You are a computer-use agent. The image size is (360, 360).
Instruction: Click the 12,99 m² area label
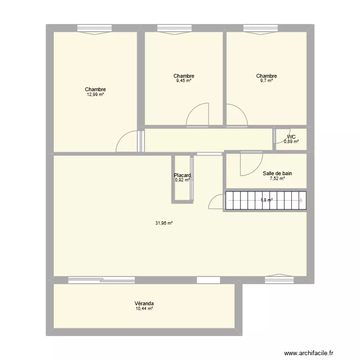pos(95,95)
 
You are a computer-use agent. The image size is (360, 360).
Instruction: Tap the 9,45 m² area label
pos(184,81)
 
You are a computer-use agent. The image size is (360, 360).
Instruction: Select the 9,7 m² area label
pos(266,81)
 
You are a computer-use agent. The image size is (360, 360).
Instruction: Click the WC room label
pos(291,137)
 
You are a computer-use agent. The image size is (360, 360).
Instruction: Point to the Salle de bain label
pos(277,173)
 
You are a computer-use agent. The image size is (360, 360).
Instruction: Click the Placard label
pos(182,175)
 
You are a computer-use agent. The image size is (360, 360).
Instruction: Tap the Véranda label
pos(144,303)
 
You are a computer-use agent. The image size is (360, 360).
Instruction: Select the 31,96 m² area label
pos(164,223)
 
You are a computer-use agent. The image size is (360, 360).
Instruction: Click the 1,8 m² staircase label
pos(266,200)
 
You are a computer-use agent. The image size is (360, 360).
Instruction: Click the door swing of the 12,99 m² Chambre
pos(127,143)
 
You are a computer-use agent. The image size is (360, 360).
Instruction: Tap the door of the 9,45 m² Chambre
pos(198,115)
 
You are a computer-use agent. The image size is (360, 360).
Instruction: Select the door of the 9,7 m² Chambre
pos(236,115)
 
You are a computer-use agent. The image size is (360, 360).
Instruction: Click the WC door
pos(281,135)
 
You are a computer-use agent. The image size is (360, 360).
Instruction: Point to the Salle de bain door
pos(251,163)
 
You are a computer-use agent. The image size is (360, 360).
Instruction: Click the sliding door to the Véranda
pos(101,279)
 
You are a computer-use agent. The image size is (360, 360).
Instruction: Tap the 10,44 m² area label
pos(144,309)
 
